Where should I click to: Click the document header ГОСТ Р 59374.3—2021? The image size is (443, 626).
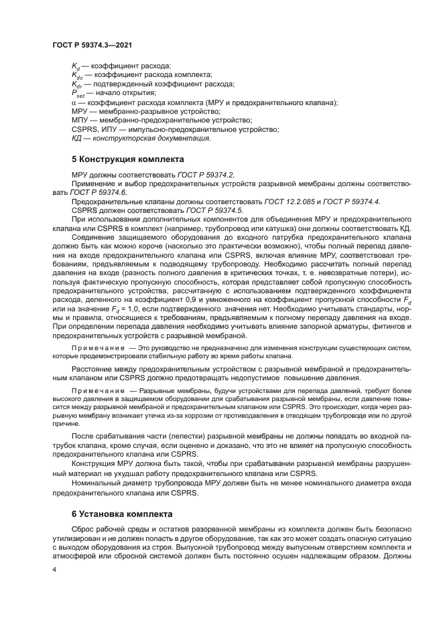[x=91, y=44]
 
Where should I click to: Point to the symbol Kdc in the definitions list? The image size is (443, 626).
[x=77, y=76]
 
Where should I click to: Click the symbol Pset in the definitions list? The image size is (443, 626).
[x=78, y=94]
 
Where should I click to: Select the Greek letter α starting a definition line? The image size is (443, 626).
[x=74, y=102]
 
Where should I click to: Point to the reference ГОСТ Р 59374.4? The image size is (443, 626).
[x=353, y=201]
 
